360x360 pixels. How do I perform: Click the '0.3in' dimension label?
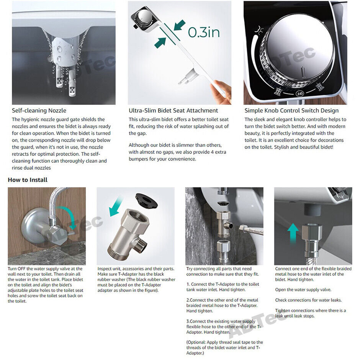point(204,32)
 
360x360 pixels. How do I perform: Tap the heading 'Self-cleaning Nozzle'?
point(39,110)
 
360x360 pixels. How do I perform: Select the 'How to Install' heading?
point(28,180)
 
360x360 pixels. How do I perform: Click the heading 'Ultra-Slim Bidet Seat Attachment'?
point(173,110)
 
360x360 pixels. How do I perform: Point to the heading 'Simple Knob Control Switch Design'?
point(291,110)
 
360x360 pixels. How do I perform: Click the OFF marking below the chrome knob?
point(299,93)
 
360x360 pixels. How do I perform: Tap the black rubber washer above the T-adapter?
point(146,200)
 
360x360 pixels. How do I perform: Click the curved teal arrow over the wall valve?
point(68,215)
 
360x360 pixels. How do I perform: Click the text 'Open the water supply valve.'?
point(303,290)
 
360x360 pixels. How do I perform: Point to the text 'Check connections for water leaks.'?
point(308,300)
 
